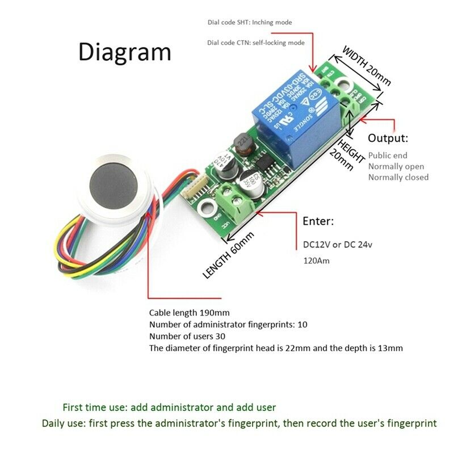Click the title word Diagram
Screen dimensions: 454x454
124,51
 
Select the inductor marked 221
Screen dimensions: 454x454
242,142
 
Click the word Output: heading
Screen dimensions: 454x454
388,138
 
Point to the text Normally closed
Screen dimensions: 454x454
398,177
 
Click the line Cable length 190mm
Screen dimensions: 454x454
189,313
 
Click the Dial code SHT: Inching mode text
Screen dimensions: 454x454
249,23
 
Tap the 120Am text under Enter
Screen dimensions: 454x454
317,261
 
